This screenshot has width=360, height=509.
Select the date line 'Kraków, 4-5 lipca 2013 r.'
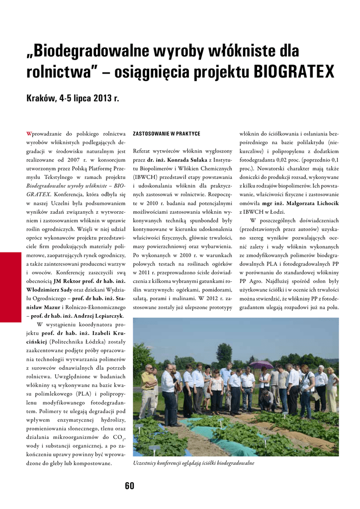click(73, 98)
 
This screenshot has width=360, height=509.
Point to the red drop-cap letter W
click(28, 134)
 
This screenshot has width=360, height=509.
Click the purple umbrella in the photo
click(262, 364)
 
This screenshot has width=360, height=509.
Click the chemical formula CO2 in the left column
click(117, 437)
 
